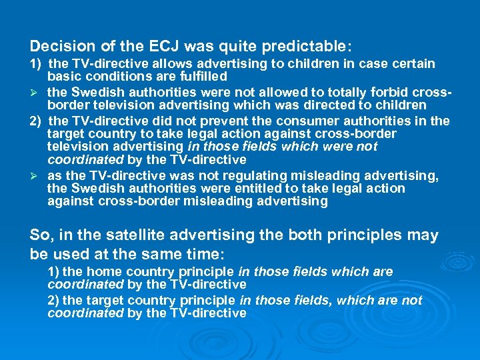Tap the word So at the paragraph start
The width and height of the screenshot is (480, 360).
coord(39,235)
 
